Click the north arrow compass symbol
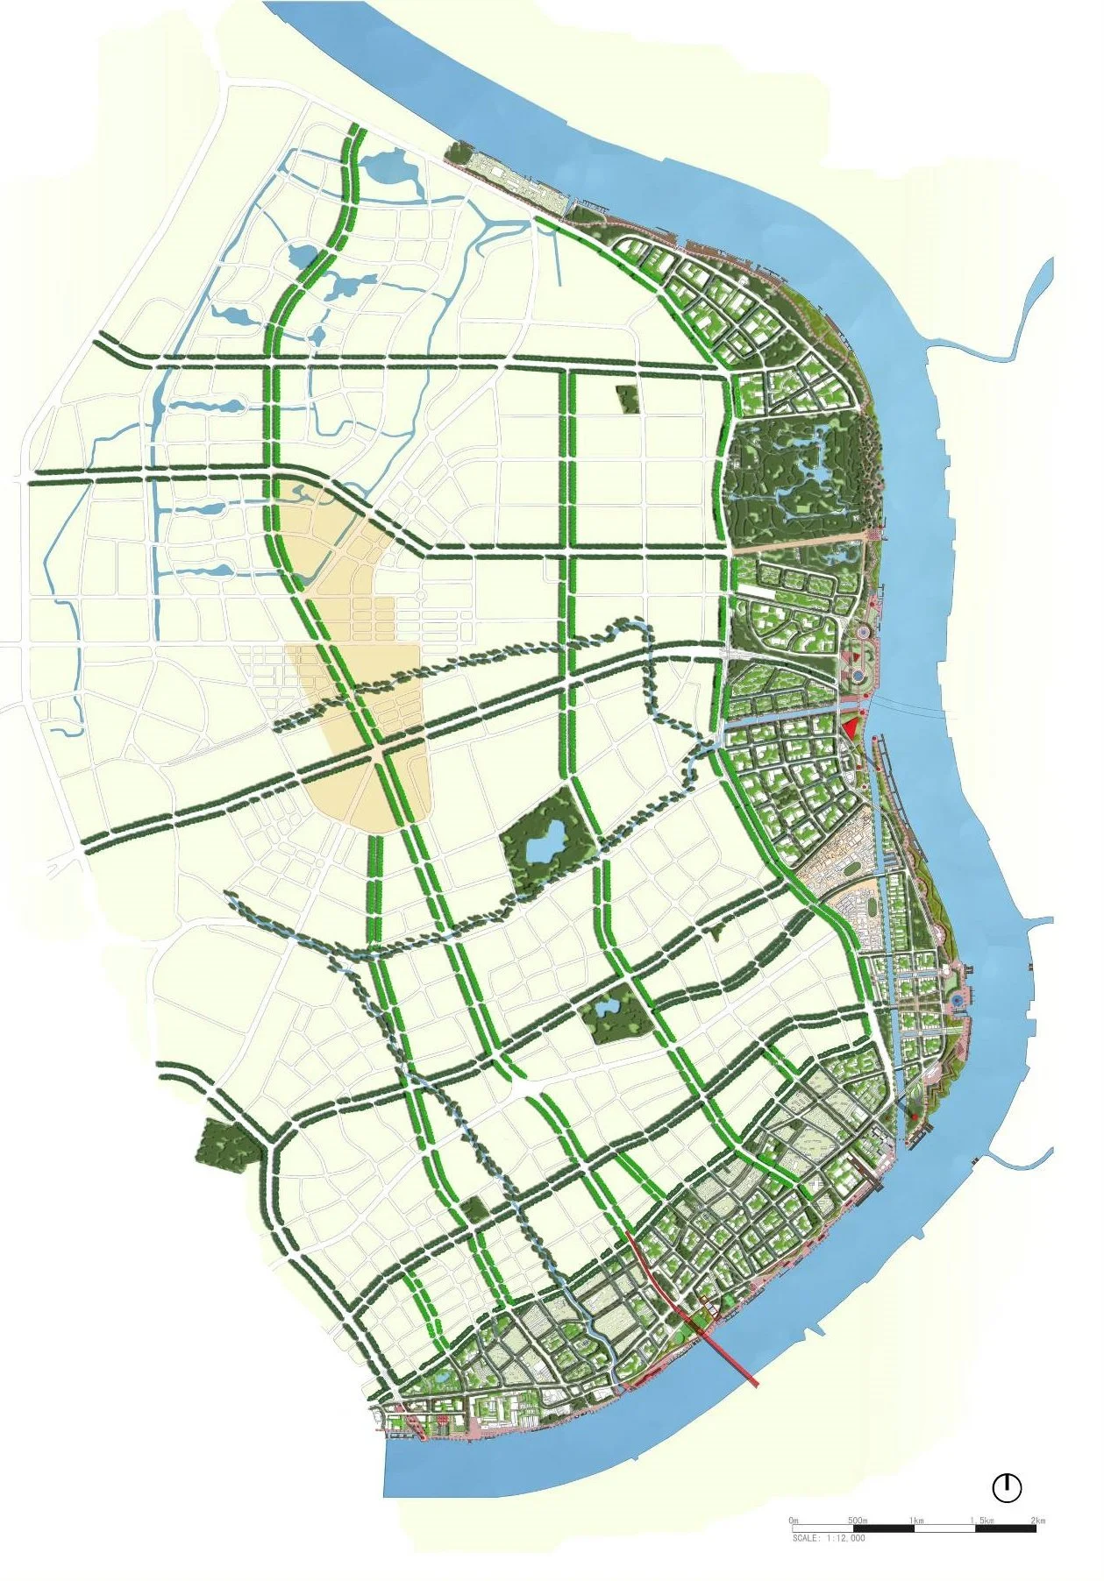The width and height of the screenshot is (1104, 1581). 1008,1486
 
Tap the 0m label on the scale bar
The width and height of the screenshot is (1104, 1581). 794,1520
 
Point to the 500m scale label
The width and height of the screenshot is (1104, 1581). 857,1520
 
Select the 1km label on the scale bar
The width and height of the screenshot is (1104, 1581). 917,1520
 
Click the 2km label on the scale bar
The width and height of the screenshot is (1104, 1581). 1037,1520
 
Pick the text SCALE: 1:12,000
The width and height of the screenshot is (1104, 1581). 829,1537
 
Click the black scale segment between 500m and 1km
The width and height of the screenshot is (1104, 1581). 883,1528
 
